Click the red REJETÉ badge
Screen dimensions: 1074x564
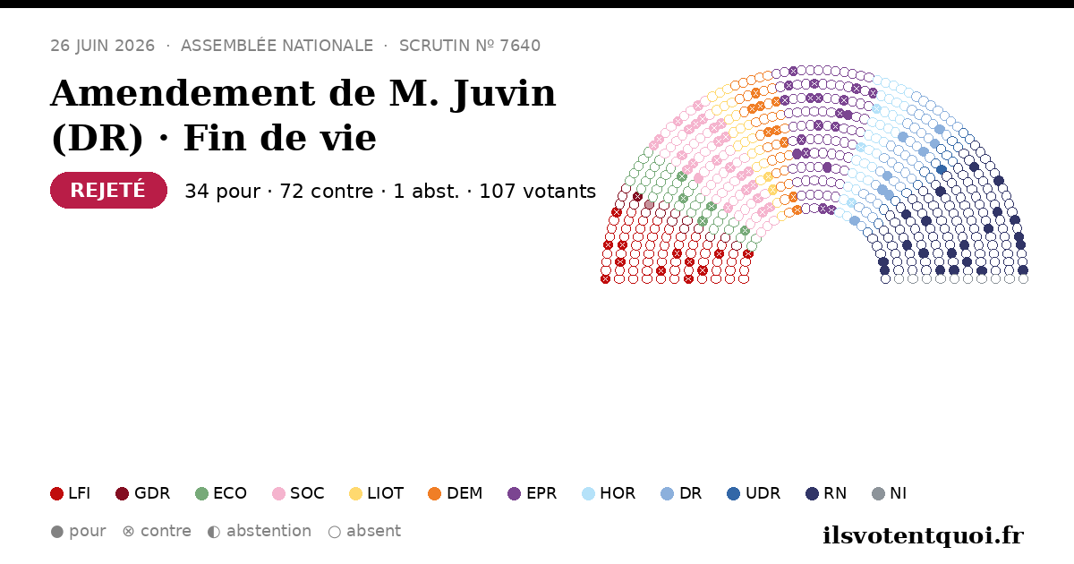point(108,190)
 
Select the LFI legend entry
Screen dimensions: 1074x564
point(70,493)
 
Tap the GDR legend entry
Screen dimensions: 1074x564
point(143,493)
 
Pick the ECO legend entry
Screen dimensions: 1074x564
point(221,493)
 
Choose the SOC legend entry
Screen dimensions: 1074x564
point(298,493)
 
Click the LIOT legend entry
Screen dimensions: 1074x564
point(377,493)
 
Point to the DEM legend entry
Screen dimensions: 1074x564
point(455,493)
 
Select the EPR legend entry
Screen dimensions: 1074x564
point(533,493)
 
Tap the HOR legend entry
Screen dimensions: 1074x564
point(609,493)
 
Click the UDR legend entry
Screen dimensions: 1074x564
point(754,493)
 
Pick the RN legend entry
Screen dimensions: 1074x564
point(826,493)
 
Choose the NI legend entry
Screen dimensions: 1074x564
point(890,493)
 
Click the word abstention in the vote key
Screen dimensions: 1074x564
point(268,532)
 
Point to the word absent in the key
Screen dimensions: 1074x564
point(373,532)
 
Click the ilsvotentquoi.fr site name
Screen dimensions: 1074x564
point(924,535)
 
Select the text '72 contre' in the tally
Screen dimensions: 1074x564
point(326,191)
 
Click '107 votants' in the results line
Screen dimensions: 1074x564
point(538,191)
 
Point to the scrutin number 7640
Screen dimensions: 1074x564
point(520,46)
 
